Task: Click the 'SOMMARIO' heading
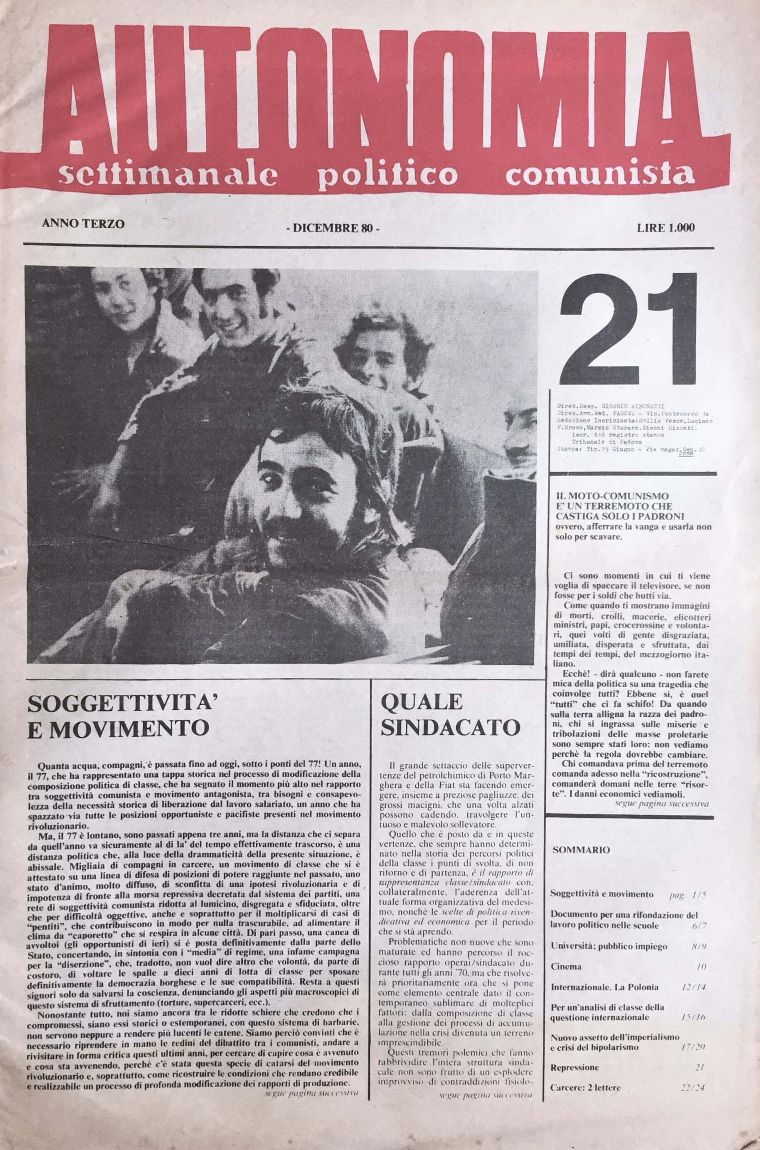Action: tap(581, 849)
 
